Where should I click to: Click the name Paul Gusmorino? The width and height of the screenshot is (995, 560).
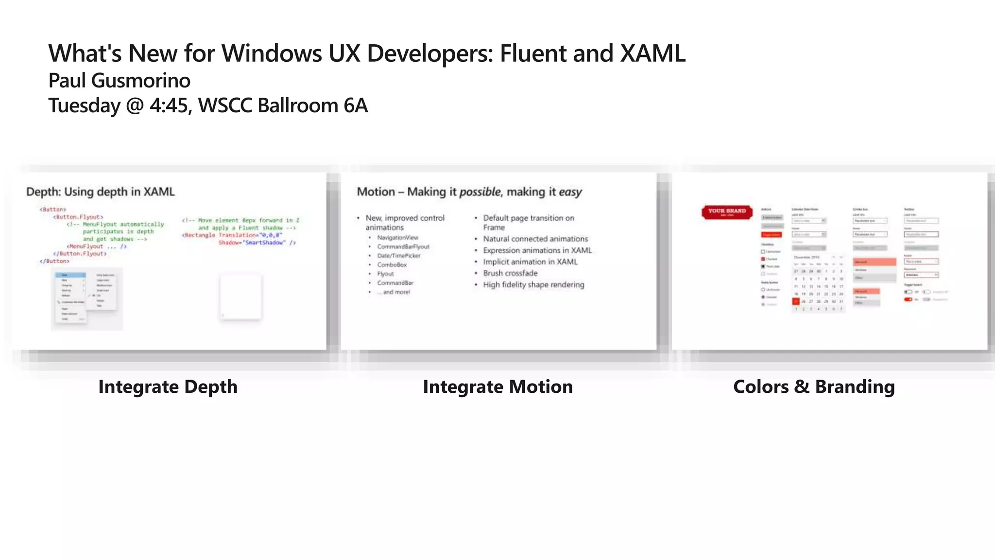tap(119, 81)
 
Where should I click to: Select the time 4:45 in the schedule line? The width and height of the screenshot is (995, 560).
tap(169, 105)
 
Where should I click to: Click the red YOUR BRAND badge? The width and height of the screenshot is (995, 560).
tap(727, 211)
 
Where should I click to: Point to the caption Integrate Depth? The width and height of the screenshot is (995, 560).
tap(168, 387)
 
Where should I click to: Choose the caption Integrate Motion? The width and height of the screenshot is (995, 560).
tap(497, 387)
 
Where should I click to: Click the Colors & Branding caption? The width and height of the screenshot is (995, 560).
tap(814, 387)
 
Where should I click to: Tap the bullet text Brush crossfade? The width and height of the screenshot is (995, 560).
tap(510, 273)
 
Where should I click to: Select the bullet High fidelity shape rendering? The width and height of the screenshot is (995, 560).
tap(533, 285)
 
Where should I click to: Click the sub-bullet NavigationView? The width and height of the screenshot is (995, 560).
tap(397, 238)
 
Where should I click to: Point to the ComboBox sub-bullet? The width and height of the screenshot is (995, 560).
tap(392, 265)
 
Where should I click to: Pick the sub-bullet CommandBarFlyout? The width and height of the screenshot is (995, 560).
tap(403, 247)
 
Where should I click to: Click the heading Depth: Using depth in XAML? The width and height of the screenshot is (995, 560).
tap(100, 192)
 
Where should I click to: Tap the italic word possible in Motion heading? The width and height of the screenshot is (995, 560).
tap(480, 192)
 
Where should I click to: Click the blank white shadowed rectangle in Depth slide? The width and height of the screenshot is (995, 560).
tap(240, 297)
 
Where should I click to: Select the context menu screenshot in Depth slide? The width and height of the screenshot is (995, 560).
tap(86, 298)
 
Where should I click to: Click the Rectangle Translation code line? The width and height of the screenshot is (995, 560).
tap(232, 235)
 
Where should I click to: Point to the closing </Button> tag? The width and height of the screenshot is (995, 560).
tap(54, 262)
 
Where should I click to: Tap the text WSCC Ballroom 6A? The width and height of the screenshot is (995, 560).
tap(283, 105)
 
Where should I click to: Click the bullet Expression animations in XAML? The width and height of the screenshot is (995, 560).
tap(537, 250)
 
